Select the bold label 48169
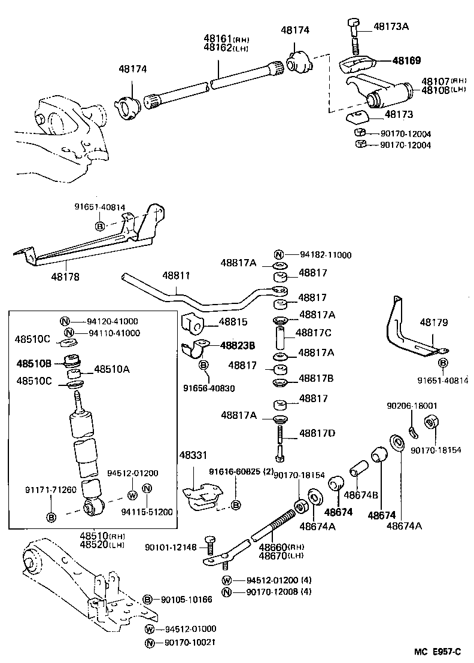(406, 60)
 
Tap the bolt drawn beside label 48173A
(354, 36)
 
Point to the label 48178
(65, 277)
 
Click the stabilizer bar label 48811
(176, 276)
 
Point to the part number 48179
(433, 323)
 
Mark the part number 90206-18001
(412, 406)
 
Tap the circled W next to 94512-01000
(150, 629)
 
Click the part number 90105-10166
(186, 600)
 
